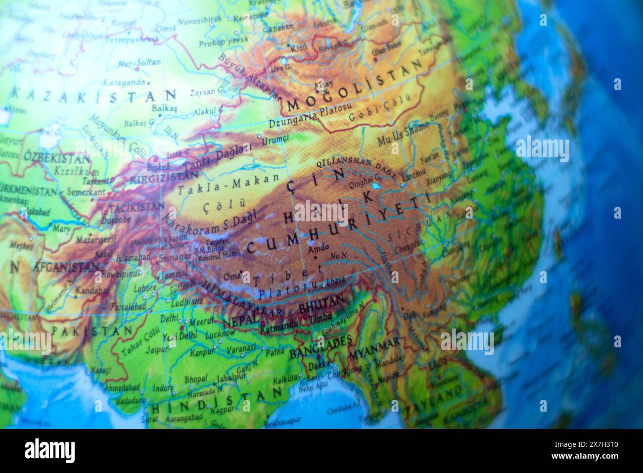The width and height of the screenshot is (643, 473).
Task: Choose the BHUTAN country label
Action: tap(321, 302)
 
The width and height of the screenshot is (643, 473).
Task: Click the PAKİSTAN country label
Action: tap(92, 330)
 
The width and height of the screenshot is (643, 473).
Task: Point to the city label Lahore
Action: tap(145, 287)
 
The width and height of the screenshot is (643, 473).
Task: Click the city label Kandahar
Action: tap(92, 290)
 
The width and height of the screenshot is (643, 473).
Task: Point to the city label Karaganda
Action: tap(124, 82)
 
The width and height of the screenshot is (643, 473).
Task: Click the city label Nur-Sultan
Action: tap(139, 63)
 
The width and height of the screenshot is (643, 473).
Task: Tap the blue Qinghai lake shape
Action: tap(376, 187)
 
